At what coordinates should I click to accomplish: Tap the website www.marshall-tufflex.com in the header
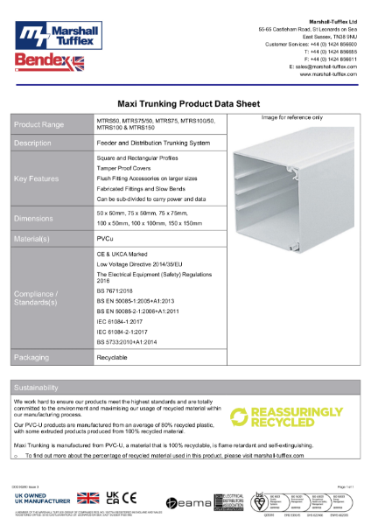pos(328,74)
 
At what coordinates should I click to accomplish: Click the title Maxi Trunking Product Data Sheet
pos(185,101)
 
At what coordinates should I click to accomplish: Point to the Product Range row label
pos(39,124)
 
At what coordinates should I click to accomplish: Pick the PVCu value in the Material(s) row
pos(104,237)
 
